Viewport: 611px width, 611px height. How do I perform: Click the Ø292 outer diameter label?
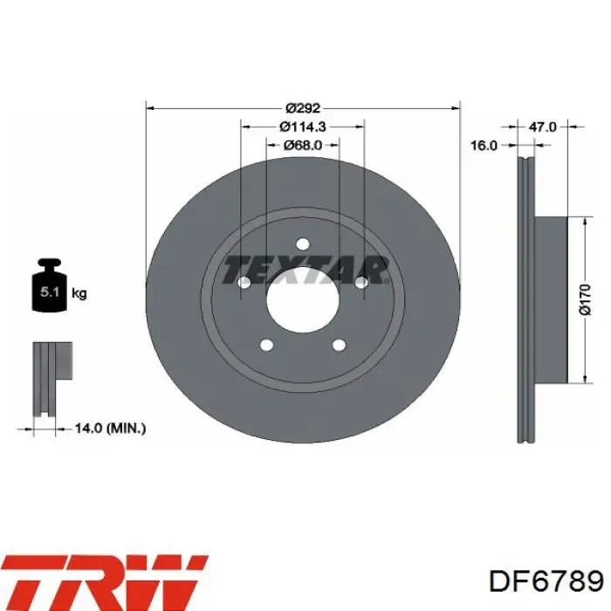tap(303, 107)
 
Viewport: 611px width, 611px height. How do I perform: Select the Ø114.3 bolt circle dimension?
tap(303, 127)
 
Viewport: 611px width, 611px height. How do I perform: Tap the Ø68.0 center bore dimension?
tap(303, 146)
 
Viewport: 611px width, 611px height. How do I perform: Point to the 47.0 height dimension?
tap(542, 127)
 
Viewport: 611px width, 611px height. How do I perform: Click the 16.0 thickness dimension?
tap(484, 146)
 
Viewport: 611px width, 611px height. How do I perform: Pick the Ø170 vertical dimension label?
tap(586, 299)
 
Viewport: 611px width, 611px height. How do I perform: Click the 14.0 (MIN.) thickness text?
tap(110, 429)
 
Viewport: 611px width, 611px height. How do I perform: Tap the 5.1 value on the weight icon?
tap(50, 292)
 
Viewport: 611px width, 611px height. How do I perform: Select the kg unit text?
tap(79, 293)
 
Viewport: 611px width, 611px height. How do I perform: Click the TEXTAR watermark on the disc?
tap(305, 270)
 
